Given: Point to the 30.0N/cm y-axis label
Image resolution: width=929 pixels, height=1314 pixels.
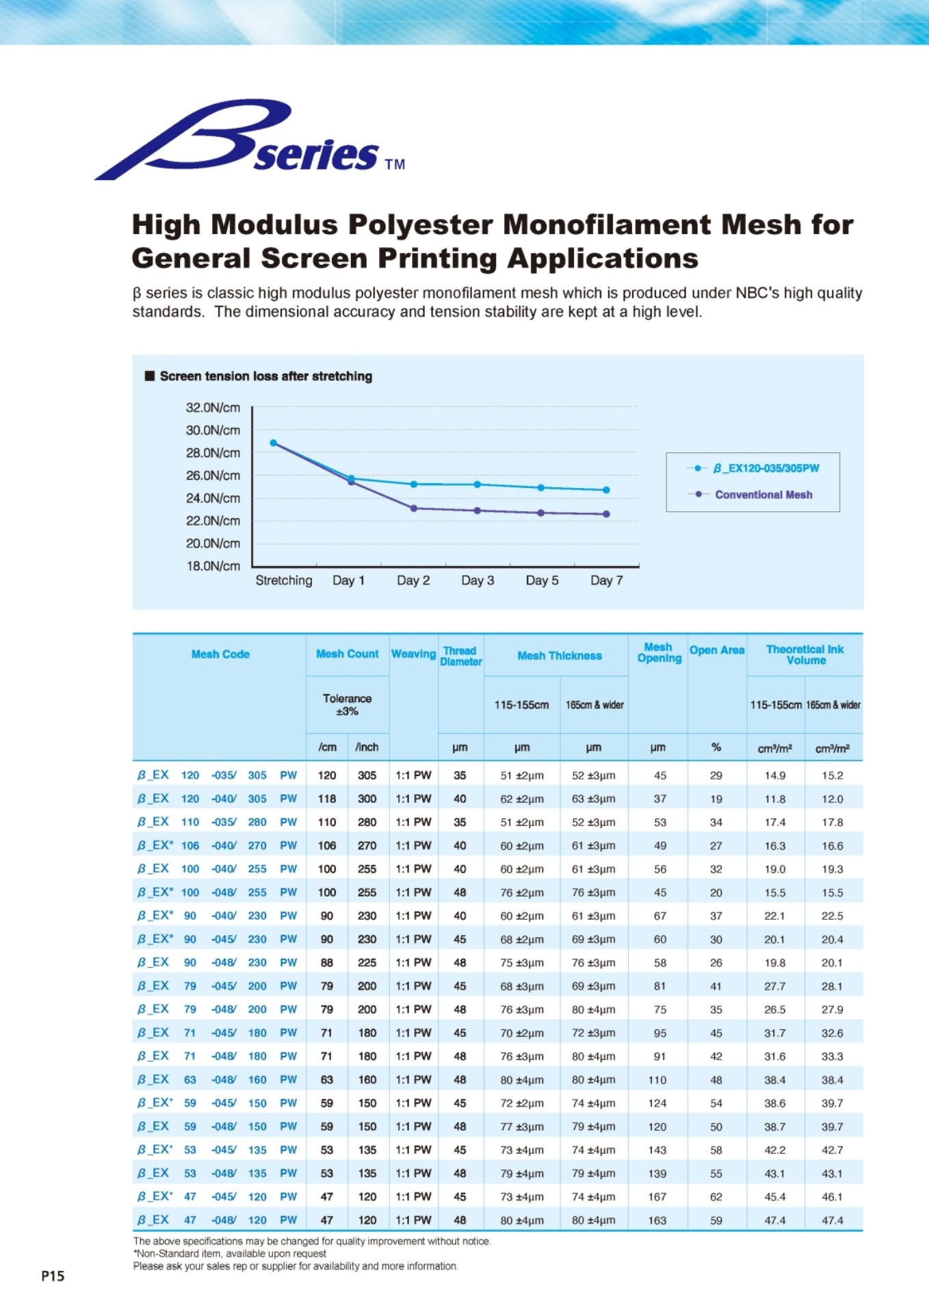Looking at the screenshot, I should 213,430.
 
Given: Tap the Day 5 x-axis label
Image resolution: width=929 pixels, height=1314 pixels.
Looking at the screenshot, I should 542,580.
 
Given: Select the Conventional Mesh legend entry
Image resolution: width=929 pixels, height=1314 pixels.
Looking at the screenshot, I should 763,495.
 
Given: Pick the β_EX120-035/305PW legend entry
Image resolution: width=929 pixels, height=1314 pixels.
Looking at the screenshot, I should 766,468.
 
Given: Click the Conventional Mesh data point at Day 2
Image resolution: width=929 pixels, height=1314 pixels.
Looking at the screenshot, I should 414,508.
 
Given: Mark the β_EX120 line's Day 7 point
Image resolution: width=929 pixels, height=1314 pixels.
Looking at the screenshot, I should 606,490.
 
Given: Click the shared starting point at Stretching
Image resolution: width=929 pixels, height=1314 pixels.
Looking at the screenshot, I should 274,443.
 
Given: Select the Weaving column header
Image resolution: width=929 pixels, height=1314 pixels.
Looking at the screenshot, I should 413,654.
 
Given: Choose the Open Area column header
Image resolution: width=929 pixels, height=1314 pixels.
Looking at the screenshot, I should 716,650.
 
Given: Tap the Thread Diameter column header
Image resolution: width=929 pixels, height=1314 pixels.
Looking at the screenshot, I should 460,656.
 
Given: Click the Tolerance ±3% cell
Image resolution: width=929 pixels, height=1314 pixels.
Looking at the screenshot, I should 347,704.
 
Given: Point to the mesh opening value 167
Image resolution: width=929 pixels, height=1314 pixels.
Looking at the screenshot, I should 657,1197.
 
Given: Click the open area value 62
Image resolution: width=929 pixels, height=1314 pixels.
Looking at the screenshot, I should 716,1197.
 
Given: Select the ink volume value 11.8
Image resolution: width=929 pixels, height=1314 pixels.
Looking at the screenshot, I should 774,799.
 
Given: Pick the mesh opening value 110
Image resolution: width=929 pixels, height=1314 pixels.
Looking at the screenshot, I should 657,1080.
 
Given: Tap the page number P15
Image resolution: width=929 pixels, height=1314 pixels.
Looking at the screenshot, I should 53,1276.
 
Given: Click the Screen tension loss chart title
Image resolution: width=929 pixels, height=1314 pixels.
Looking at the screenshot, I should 265,376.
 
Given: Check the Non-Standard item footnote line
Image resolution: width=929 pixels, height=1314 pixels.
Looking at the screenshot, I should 230,1254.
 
